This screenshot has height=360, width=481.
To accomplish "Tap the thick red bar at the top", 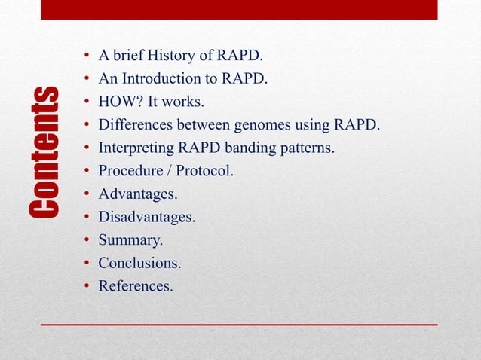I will click(239, 10).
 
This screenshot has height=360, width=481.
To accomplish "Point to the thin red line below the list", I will click(239, 324).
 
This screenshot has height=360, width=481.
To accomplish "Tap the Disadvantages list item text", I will click(146, 218).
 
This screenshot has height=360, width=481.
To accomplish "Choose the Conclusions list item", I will click(139, 264).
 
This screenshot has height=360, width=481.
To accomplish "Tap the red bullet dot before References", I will click(87, 286).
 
